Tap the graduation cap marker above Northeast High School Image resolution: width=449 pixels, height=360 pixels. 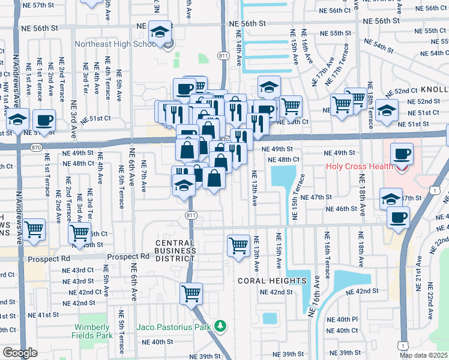pos(160,32)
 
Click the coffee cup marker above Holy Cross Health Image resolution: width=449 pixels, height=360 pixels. pos(402,154)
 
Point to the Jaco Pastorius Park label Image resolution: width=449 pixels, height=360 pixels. pos(175,327)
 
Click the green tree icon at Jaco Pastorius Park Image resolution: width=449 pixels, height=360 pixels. pos(221,326)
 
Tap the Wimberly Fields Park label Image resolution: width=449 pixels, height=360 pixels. pos(92,331)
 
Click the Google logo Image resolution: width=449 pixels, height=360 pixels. pos(20,353)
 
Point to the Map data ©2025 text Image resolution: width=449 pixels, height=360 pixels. pos(424,355)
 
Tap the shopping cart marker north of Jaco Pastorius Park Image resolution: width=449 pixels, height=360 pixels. pos(191,294)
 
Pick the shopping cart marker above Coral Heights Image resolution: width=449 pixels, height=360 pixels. pos(238,245)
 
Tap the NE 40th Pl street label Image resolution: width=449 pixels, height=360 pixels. pos(347,319)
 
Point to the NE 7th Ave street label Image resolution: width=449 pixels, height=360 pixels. pos(144,176)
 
